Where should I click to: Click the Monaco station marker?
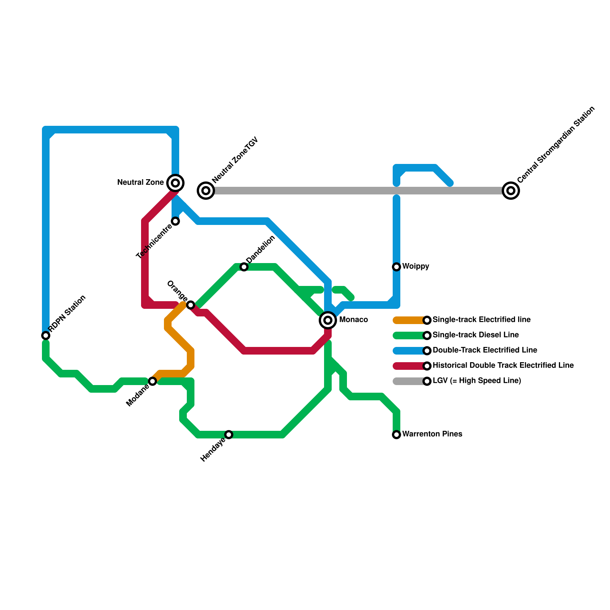pyautogui.click(x=328, y=320)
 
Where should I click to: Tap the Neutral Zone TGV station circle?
pyautogui.click(x=206, y=190)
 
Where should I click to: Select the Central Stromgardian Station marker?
pyautogui.click(x=511, y=190)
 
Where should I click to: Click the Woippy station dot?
pyautogui.click(x=396, y=266)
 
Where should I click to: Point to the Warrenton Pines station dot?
pyautogui.click(x=396, y=434)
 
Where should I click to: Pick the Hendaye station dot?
pyautogui.click(x=229, y=434)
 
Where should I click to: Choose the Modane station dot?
pyautogui.click(x=152, y=381)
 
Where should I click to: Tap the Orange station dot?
pyautogui.click(x=191, y=305)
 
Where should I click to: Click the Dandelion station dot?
pyautogui.click(x=244, y=267)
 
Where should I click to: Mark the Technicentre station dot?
pyautogui.click(x=175, y=221)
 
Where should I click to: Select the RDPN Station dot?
pyautogui.click(x=46, y=335)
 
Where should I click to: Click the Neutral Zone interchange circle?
pyautogui.click(x=175, y=183)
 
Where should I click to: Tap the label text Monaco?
pyautogui.click(x=353, y=319)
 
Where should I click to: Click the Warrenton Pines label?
pyautogui.click(x=432, y=434)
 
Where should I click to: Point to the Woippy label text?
pyautogui.click(x=416, y=266)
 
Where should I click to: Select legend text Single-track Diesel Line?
pyautogui.click(x=475, y=335)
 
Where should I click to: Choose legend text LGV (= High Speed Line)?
pyautogui.click(x=477, y=380)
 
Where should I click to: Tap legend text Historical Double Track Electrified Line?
pyautogui.click(x=503, y=365)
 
